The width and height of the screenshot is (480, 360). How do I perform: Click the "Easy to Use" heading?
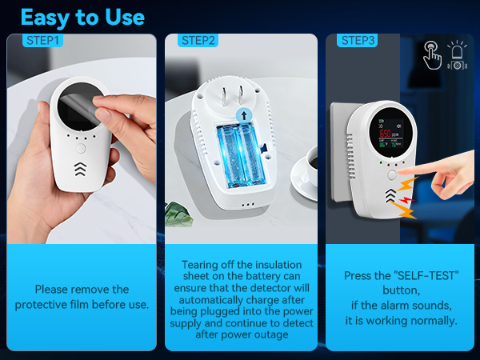tap(82, 17)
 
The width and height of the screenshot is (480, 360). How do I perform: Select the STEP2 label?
tap(198, 41)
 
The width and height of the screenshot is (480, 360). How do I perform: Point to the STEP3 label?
tap(358, 41)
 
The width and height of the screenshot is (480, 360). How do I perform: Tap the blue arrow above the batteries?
tap(241, 117)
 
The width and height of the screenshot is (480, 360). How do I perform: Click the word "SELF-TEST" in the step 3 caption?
tap(430, 276)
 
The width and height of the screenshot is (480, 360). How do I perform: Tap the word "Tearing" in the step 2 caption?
tap(201, 265)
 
